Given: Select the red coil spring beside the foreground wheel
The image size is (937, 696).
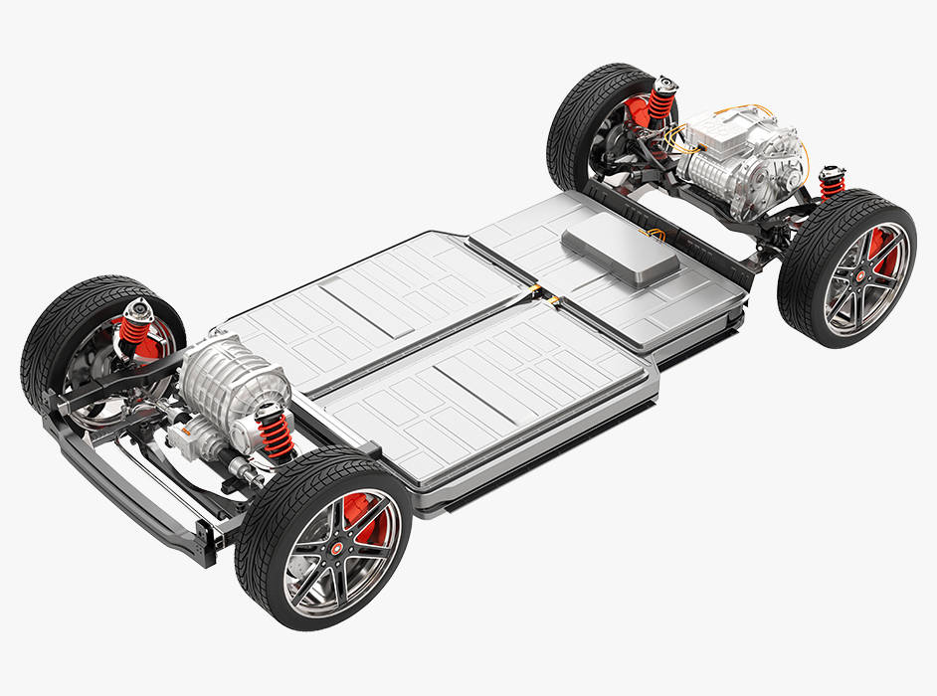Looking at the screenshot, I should click(x=274, y=434).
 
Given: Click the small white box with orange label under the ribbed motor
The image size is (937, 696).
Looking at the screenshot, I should click(x=183, y=434).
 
